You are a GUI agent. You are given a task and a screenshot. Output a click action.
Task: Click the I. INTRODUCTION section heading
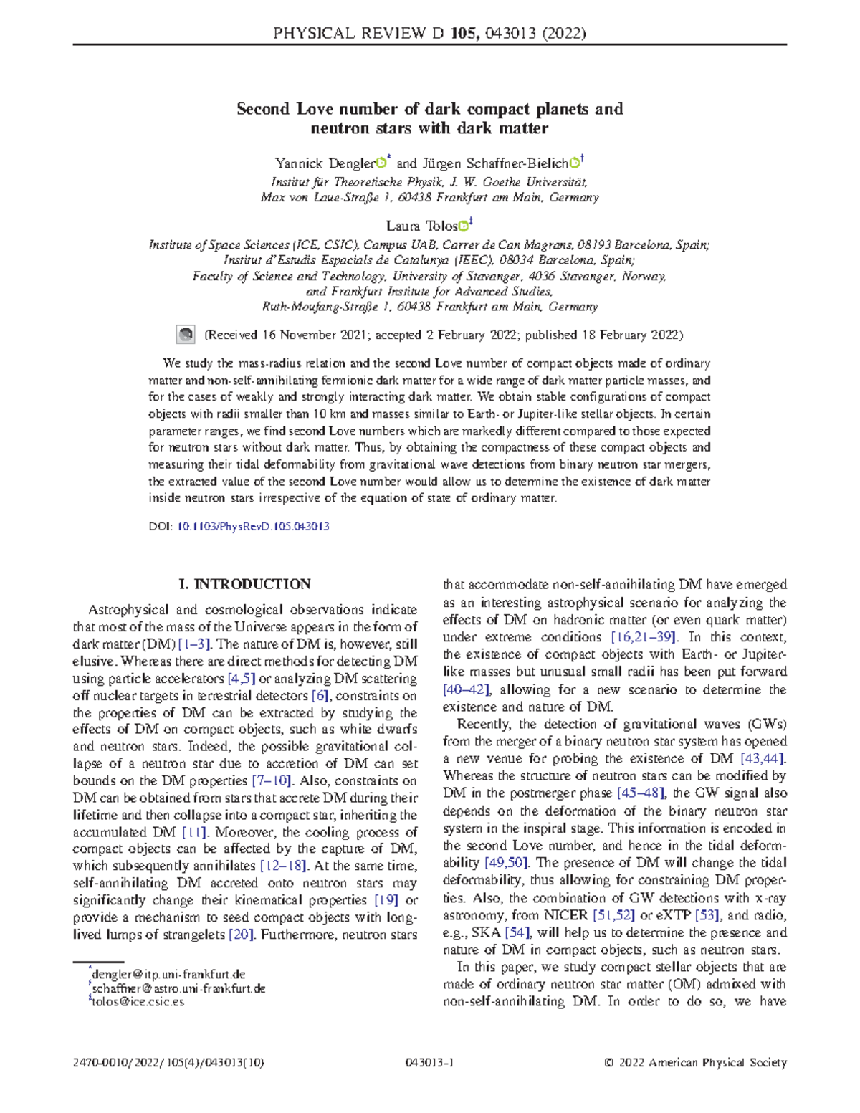[245, 584]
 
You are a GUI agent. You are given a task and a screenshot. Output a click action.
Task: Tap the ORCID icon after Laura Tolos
[463, 226]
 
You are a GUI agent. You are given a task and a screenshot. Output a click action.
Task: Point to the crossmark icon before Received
[186, 335]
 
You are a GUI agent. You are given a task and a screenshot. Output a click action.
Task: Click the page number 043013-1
[430, 1063]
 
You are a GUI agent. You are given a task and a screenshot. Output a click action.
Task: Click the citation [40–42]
[467, 689]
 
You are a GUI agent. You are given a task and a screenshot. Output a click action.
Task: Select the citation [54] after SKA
[517, 932]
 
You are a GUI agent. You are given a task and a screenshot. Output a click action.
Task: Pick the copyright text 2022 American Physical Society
[696, 1063]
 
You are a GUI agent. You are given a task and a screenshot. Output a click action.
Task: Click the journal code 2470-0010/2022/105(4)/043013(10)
[168, 1063]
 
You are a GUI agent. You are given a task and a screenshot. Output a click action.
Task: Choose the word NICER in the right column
[565, 915]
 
